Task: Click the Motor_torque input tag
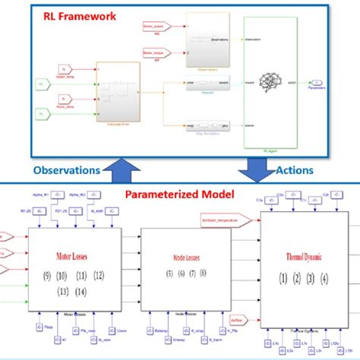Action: (x=154, y=52)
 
